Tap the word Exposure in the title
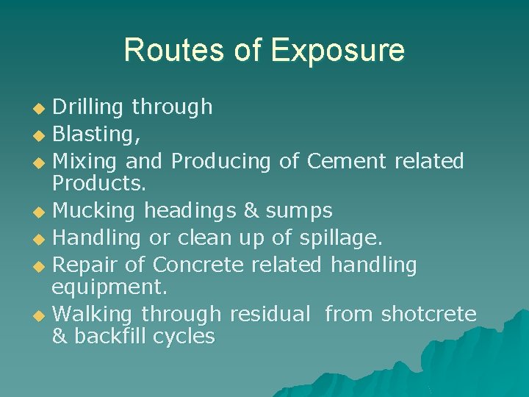[x=337, y=50]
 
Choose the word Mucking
[x=94, y=212]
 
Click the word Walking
[x=93, y=315]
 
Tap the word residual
[x=270, y=315]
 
